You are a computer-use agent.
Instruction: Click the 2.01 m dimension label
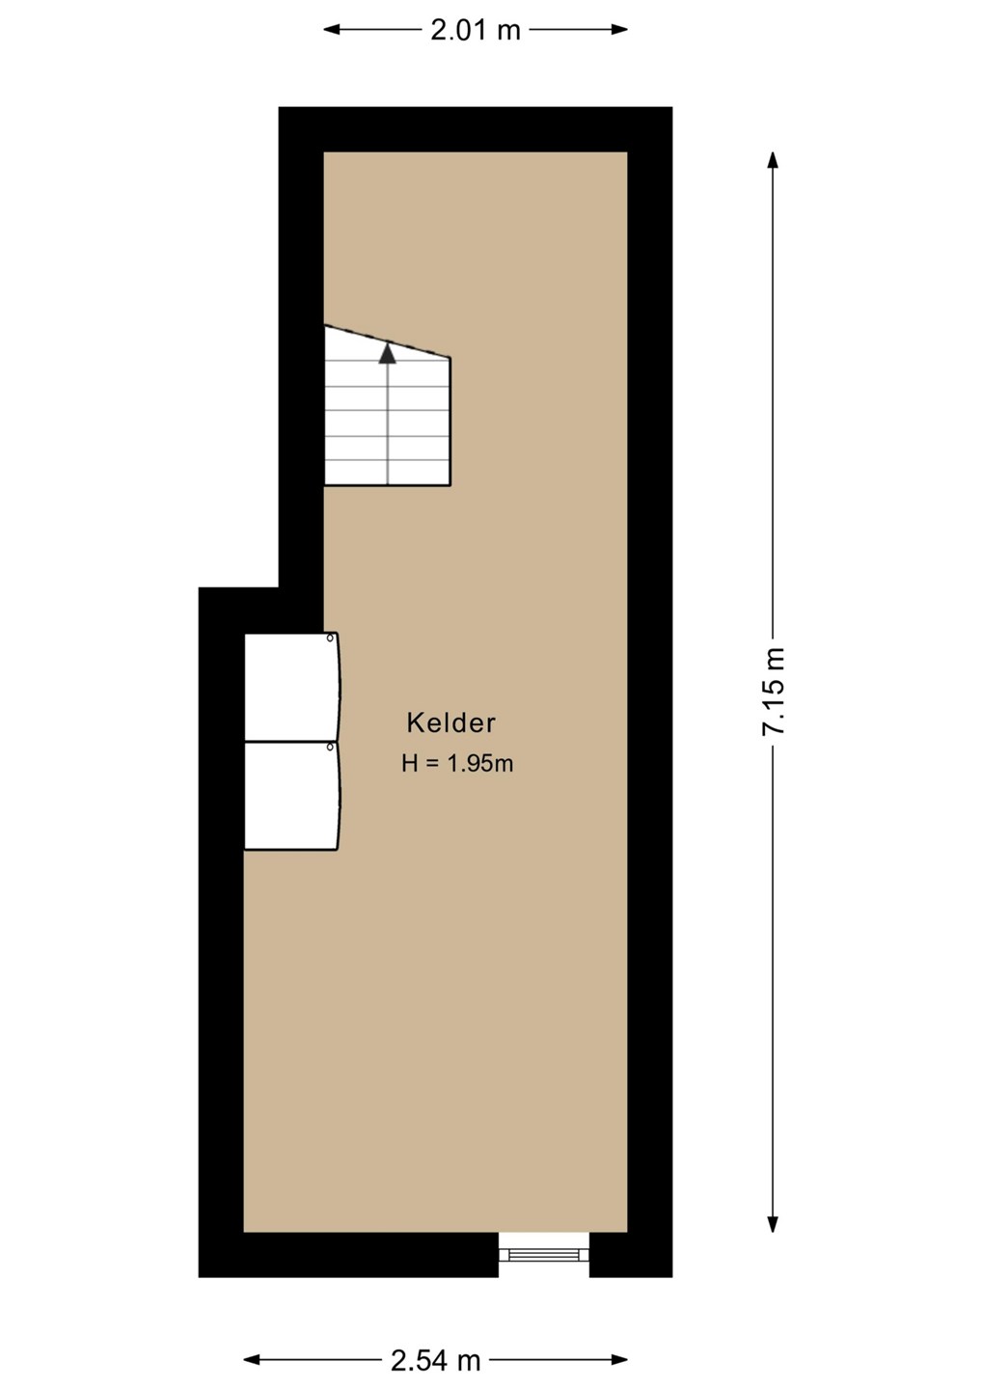476,30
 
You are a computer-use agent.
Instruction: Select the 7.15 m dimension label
774,692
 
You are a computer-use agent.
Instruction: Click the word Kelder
451,723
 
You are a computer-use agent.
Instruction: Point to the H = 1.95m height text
457,763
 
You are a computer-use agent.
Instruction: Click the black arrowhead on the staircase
388,353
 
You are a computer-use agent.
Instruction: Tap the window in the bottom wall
544,1254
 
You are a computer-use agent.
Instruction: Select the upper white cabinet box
291,687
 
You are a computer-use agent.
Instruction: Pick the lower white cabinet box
291,796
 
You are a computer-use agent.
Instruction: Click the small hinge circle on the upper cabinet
331,638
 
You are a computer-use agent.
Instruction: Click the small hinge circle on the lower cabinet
331,748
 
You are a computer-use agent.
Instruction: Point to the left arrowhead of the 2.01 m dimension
332,29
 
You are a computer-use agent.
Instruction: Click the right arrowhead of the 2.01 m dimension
619,29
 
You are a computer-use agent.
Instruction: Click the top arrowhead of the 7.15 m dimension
773,160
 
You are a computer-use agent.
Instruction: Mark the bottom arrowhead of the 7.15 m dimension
773,1223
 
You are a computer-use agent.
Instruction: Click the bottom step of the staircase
388,472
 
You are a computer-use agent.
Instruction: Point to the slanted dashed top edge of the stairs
388,341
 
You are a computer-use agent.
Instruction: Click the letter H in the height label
409,763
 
